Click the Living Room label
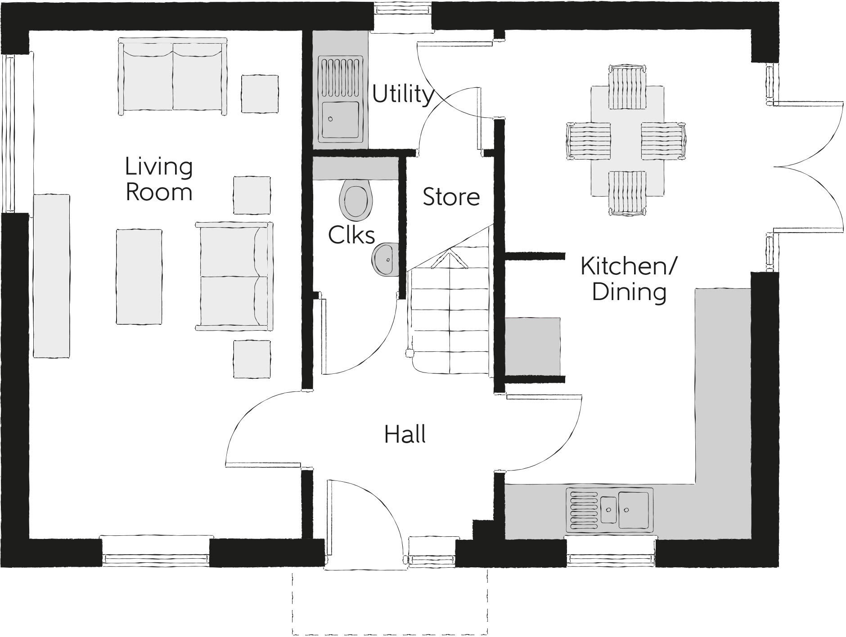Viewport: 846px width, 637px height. (159, 179)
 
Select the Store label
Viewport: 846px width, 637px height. (451, 197)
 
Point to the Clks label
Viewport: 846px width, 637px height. (351, 235)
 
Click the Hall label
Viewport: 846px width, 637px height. (405, 435)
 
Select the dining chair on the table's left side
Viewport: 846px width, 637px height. (587, 141)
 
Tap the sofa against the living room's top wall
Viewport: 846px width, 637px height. (172, 77)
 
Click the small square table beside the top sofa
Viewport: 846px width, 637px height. (260, 94)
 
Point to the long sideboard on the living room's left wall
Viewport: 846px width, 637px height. (52, 276)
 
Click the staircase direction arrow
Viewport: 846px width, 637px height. (449, 260)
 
